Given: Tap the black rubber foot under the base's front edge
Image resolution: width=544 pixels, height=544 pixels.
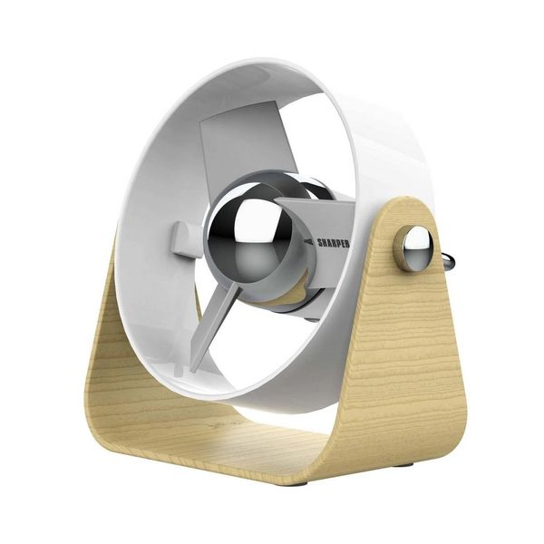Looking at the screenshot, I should (300, 483).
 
